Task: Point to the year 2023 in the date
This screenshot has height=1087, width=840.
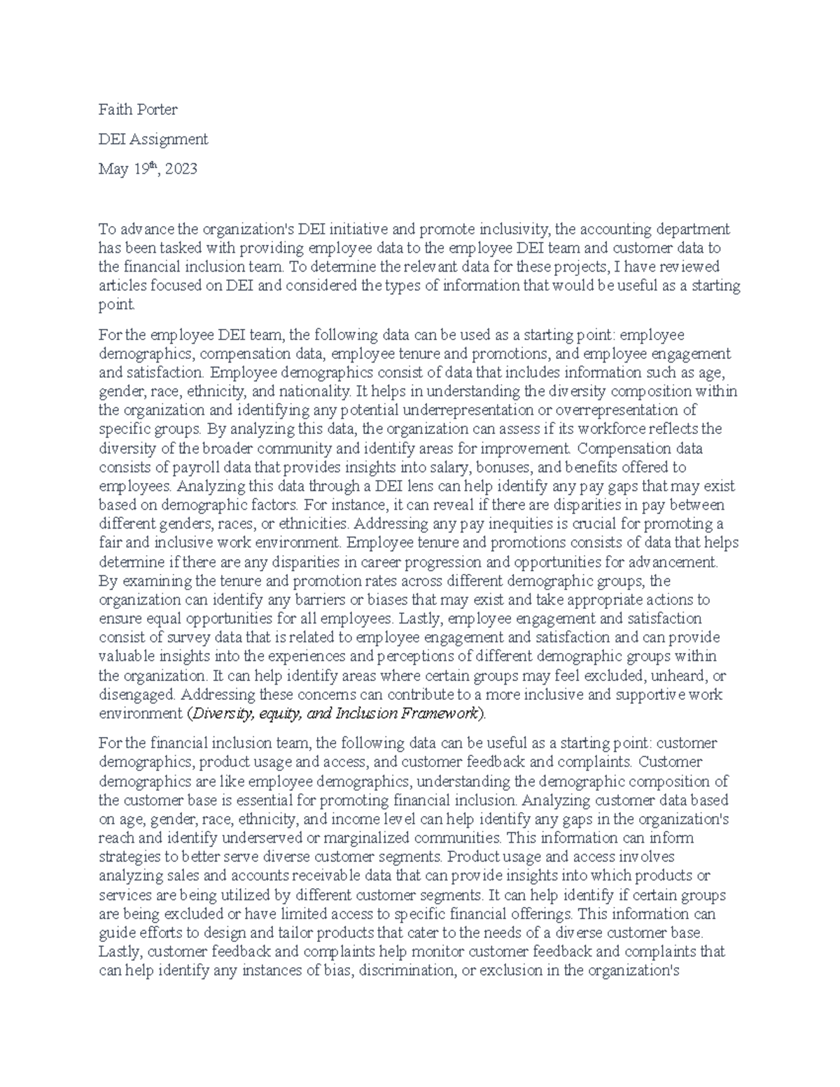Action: point(181,169)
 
